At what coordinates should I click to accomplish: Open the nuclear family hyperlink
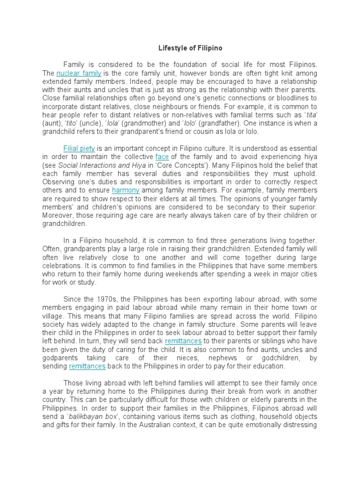coord(79,74)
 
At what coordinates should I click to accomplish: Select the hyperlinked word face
coord(162,157)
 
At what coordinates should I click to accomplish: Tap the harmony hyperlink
coord(126,190)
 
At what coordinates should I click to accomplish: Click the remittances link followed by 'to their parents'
coord(183,341)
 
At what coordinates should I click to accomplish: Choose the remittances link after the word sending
coord(87,366)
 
